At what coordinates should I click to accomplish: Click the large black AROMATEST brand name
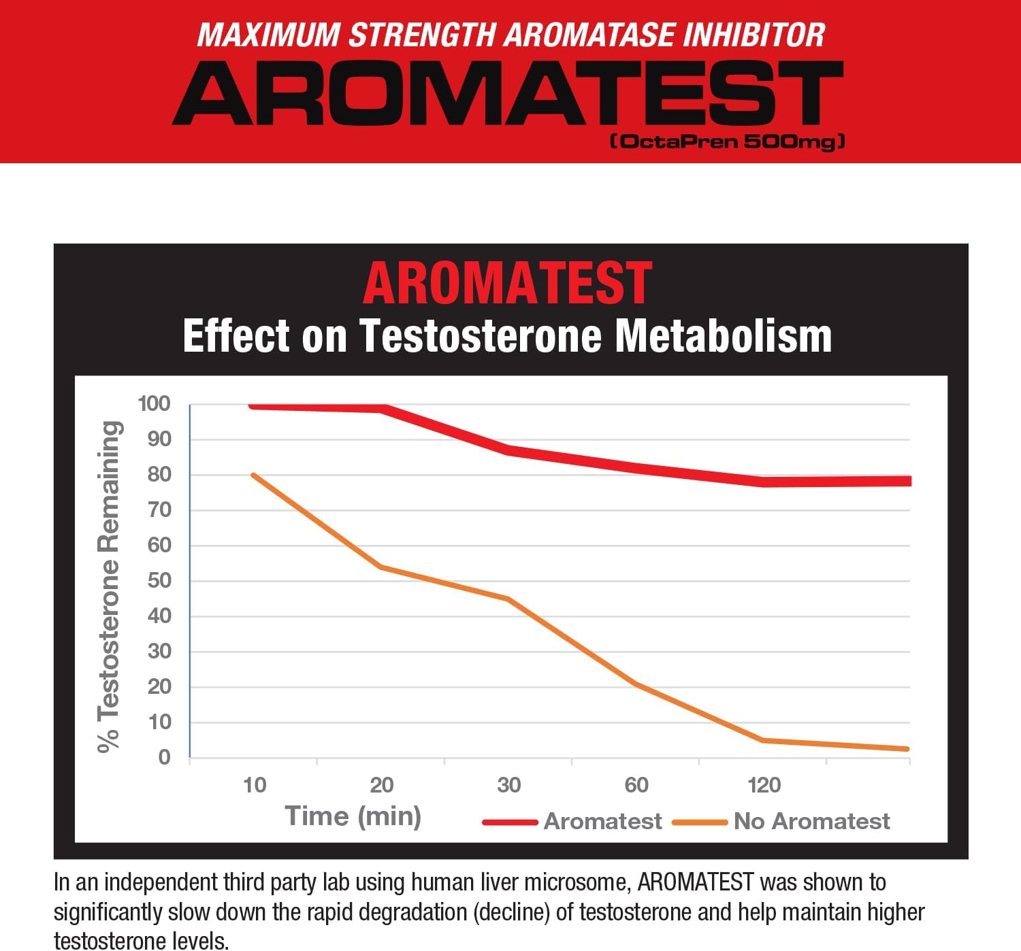[x=508, y=93]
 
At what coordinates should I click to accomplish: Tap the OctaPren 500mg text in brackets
[x=727, y=141]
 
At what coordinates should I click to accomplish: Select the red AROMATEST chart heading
[x=508, y=283]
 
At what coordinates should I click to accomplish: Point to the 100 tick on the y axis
[x=155, y=403]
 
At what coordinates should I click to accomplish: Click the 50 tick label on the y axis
[x=159, y=581]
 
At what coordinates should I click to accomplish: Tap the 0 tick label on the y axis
[x=164, y=757]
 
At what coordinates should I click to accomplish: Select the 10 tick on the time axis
[x=255, y=785]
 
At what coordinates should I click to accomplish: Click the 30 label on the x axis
[x=508, y=785]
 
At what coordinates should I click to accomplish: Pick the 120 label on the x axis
[x=764, y=785]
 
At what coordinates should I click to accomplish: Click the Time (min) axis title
[x=353, y=816]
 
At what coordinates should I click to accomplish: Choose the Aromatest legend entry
[x=602, y=821]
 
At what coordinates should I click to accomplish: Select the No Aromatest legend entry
[x=811, y=821]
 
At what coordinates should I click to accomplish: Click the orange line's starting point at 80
[x=253, y=475]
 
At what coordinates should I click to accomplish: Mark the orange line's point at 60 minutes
[x=636, y=684]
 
